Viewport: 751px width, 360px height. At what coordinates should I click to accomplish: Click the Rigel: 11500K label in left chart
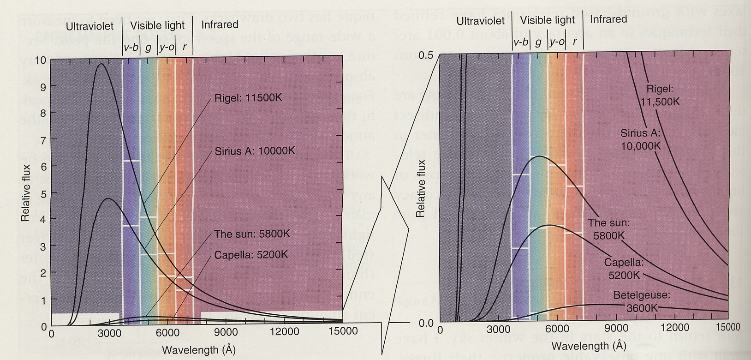248,98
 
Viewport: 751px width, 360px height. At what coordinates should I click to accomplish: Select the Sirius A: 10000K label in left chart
255,151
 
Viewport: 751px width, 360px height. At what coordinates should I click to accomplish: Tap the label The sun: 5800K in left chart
252,234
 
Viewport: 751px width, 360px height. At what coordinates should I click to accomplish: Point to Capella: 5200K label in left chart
251,255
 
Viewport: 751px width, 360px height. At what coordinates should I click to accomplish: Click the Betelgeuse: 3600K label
642,301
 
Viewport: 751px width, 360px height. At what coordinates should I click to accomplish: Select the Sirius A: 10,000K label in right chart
641,139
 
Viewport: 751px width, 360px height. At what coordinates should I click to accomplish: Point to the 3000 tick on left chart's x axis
109,332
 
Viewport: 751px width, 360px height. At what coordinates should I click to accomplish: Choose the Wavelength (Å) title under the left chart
198,349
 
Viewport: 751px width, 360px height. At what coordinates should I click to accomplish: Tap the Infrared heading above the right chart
608,19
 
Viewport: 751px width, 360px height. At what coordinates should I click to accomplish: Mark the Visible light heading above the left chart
157,25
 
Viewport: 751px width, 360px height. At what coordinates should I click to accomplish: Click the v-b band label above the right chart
521,42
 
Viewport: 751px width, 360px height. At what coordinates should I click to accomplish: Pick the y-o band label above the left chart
167,47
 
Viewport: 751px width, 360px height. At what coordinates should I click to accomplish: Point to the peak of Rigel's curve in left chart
101,64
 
